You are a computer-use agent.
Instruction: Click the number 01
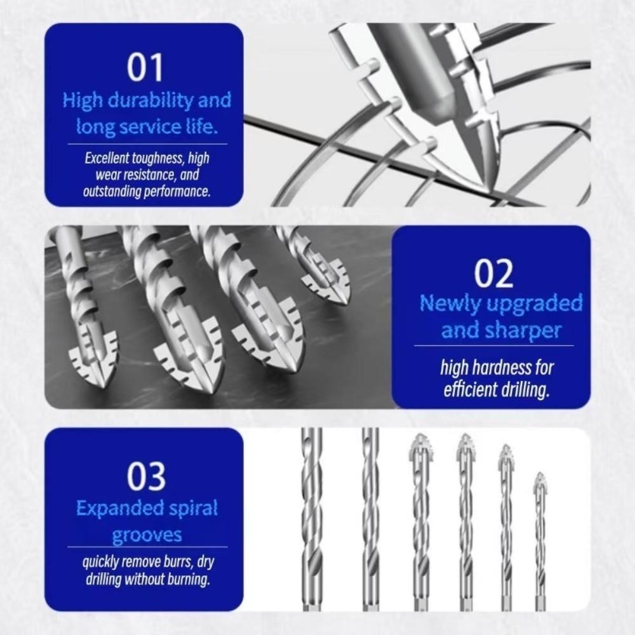[x=145, y=68]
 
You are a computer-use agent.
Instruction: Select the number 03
[x=146, y=476]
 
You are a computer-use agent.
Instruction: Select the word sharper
[x=528, y=330]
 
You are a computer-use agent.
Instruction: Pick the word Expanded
[x=114, y=508]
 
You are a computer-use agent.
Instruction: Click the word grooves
[x=146, y=535]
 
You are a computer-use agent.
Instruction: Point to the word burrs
[x=172, y=562]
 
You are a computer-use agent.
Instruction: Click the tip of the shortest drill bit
[x=539, y=474]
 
